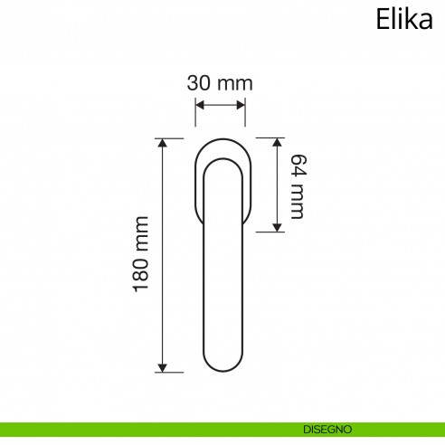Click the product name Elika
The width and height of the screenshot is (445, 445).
click(403, 19)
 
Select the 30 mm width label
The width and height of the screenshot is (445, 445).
click(220, 82)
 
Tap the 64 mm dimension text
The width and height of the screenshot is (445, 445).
click(295, 185)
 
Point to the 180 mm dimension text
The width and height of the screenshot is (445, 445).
click(140, 254)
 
